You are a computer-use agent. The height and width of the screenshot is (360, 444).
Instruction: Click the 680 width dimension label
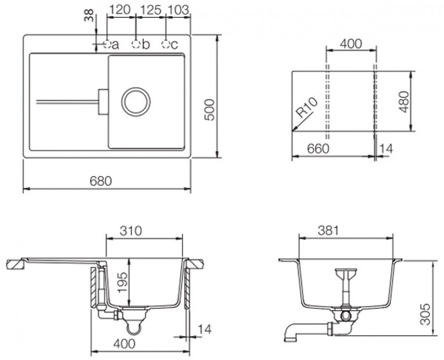(101, 181)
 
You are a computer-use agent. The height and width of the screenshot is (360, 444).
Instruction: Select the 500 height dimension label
(210, 110)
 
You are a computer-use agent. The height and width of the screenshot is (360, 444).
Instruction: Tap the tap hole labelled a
(107, 44)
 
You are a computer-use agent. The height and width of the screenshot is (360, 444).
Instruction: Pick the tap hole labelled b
(136, 44)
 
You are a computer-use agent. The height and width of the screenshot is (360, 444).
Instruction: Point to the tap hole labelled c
(166, 44)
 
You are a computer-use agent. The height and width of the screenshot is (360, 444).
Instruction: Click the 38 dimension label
(89, 15)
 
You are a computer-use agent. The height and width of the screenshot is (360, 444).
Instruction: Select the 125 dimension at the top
(150, 10)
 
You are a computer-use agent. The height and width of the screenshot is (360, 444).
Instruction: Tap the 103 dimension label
(178, 10)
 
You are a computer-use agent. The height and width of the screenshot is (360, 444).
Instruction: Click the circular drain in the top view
(136, 88)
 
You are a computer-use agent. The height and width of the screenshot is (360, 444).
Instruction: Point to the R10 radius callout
(307, 108)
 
